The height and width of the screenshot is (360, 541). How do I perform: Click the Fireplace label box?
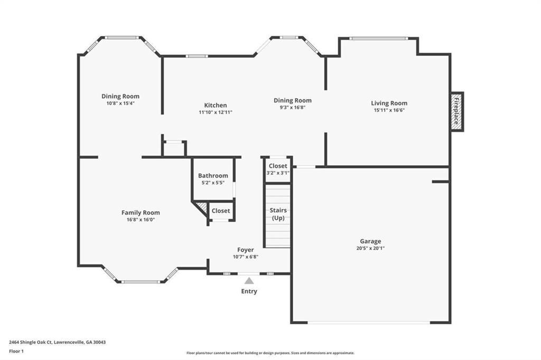pos(457,111)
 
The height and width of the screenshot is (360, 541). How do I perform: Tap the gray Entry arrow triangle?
pos(249,281)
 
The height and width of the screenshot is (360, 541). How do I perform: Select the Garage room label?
pos(370,241)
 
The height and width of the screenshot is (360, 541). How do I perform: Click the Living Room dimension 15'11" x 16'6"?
pos(389,110)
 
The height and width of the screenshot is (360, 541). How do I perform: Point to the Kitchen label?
pos(216,105)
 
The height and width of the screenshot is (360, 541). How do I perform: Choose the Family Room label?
pos(141,213)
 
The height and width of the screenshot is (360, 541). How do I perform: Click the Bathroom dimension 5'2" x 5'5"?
pos(213,183)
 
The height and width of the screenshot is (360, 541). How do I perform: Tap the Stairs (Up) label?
pos(278,214)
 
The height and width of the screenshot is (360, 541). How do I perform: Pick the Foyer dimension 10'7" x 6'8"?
pos(246,257)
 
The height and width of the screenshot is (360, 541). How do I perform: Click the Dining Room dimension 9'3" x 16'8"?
pos(293,107)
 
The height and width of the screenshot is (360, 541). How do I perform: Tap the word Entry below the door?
pos(249,291)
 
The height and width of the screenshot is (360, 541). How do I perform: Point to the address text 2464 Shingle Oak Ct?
pos(30,343)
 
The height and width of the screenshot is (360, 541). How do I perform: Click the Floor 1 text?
pos(16,352)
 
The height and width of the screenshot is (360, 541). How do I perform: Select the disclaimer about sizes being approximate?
pos(270,353)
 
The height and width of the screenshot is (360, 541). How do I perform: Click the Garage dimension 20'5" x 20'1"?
pos(370,248)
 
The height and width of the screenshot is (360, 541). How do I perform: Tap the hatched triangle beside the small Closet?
pos(203,207)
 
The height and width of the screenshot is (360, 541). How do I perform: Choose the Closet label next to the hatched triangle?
pos(221,211)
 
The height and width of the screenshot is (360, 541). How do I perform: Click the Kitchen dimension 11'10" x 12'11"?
pos(216,112)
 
